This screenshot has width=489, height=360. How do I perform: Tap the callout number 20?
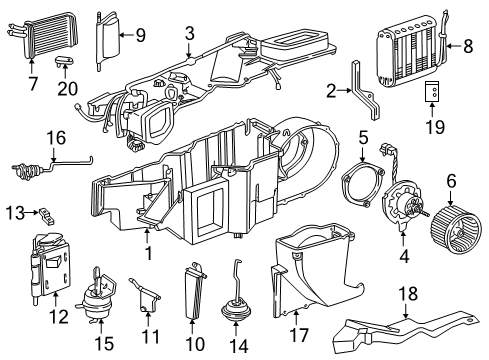tap(68, 87)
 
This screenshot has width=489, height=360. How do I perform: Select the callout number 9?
tap(140, 35)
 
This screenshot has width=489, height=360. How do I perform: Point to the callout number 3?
tap(189, 35)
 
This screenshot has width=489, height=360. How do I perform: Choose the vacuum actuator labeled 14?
tap(240, 301)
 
